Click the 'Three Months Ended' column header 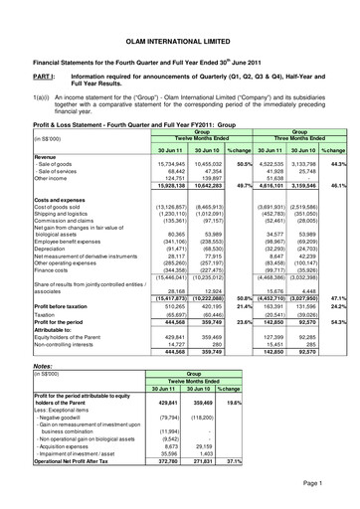point(293,137)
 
